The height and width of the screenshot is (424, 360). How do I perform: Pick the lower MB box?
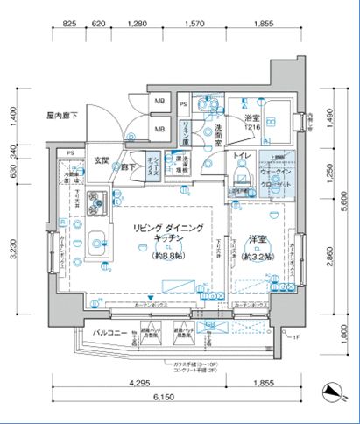point(159,131)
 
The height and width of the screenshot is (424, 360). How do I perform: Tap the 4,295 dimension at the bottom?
point(135,382)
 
